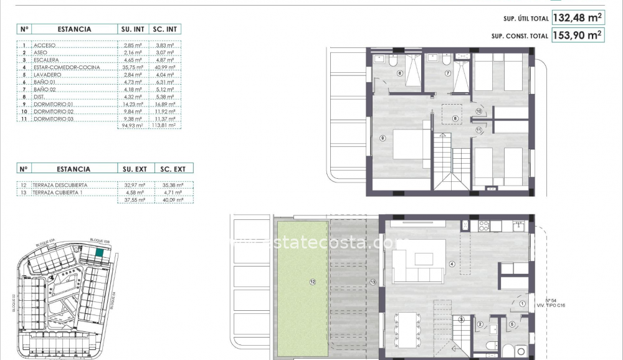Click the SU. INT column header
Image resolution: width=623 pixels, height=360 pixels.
pyautogui.click(x=132, y=29)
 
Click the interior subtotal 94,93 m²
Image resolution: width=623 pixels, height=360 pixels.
pyautogui.click(x=131, y=125)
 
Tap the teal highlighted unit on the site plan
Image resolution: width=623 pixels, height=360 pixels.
pyautogui.click(x=100, y=252)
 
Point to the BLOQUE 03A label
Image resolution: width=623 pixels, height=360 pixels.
pyautogui.click(x=46, y=244)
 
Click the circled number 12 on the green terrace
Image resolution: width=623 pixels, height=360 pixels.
pyautogui.click(x=313, y=282)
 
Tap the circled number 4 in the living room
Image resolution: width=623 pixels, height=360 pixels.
pyautogui.click(x=452, y=263)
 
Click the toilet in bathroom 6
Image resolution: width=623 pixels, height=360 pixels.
pyautogui.click(x=393, y=62)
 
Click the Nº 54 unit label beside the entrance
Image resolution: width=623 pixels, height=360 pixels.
pyautogui.click(x=550, y=301)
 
